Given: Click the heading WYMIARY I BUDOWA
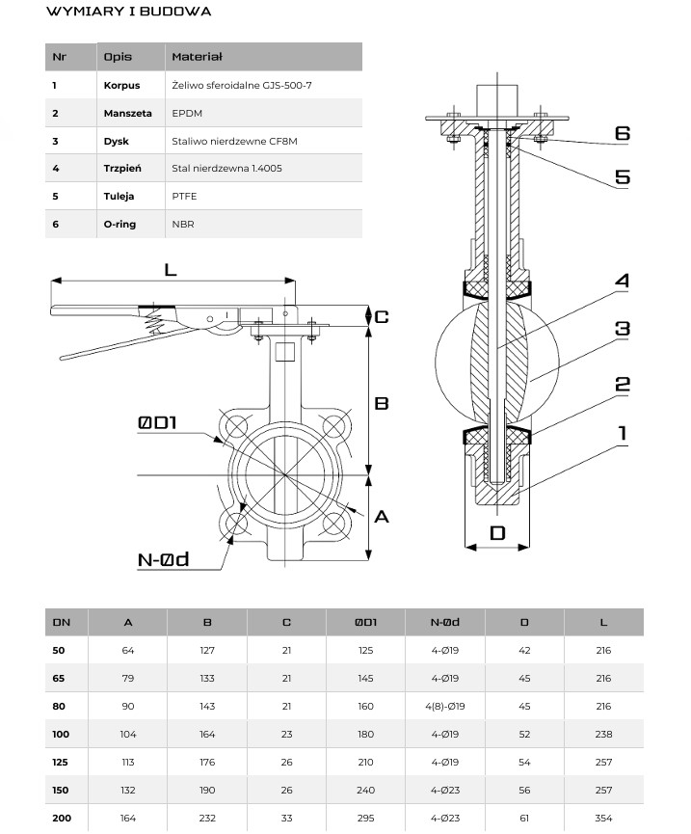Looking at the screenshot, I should coord(128,13).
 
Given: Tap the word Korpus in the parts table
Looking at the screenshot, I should coord(121,85).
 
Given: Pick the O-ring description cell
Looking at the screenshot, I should coord(120,224).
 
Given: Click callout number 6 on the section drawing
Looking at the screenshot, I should coord(623,132).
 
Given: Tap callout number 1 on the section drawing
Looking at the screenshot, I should coord(623,434).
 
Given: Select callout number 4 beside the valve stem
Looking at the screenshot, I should coord(623,281).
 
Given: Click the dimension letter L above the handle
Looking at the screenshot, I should coord(171,269).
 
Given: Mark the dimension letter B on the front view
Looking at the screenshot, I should coord(381,403).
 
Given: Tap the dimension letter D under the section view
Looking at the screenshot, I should coord(497,532).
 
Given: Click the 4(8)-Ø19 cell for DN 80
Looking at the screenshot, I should coord(444,705).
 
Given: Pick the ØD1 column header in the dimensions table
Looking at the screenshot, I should coord(365,622).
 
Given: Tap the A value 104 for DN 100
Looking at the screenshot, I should coord(128,733).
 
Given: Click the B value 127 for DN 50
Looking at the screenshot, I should coord(208,650).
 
